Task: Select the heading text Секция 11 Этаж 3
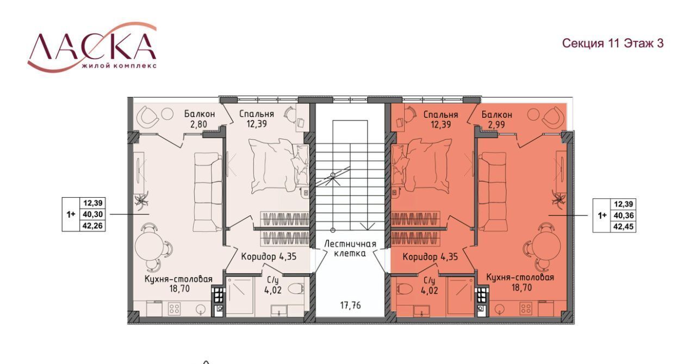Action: pyautogui.click(x=613, y=43)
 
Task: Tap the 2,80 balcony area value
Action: pyautogui.click(x=199, y=124)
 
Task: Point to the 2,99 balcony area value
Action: pyautogui.click(x=496, y=124)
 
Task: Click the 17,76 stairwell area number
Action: pyautogui.click(x=351, y=306)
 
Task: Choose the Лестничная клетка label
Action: pyautogui.click(x=350, y=248)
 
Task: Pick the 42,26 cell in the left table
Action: pyautogui.click(x=92, y=225)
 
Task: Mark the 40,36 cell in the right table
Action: pyautogui.click(x=624, y=215)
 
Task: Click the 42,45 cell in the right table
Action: pyautogui.click(x=624, y=227)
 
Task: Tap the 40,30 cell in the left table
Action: pyautogui.click(x=92, y=214)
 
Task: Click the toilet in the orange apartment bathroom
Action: pyautogui.click(x=405, y=289)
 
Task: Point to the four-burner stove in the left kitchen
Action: pyautogui.click(x=174, y=309)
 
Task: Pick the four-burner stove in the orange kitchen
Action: pyautogui.click(x=526, y=309)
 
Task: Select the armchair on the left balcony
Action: pyautogui.click(x=148, y=117)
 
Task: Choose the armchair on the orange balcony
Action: pyautogui.click(x=553, y=117)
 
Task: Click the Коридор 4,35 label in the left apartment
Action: pyautogui.click(x=269, y=257)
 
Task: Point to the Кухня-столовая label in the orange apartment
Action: pyautogui.click(x=520, y=277)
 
